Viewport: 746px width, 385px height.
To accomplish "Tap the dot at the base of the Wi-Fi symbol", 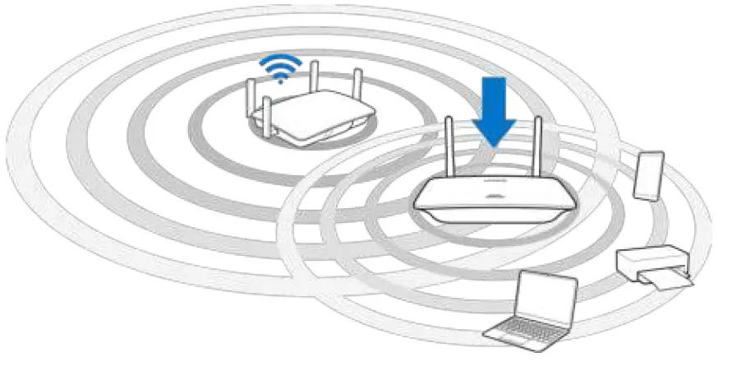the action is [x=280, y=81].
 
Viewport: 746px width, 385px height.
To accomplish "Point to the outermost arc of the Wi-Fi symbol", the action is [x=280, y=59].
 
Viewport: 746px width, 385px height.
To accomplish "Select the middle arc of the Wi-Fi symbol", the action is [x=280, y=67].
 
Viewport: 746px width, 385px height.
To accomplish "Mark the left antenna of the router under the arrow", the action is [x=449, y=148].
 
